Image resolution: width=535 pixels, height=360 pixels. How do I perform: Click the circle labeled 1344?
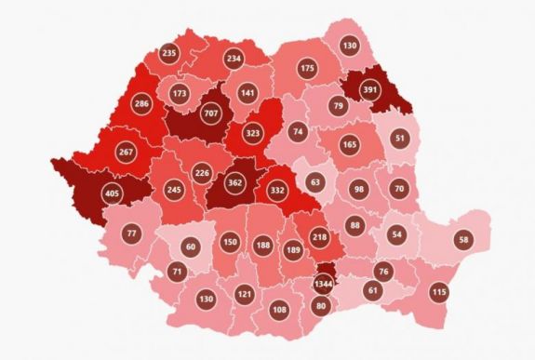coord(324,283)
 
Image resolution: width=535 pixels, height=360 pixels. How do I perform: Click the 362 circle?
coord(234,183)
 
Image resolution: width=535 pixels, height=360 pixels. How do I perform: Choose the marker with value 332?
coord(278,190)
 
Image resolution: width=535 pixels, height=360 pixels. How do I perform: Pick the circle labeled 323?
coord(253,133)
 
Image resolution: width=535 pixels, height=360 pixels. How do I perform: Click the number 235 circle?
coord(169,53)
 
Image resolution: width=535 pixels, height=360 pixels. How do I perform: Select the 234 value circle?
coord(234,59)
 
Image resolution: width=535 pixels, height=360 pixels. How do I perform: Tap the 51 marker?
coord(399,138)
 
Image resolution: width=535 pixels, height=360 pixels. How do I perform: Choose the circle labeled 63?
coord(315,182)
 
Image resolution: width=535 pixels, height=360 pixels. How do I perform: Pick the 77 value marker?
coord(130,233)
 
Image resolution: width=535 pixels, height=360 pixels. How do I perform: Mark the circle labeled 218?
coord(318,237)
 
